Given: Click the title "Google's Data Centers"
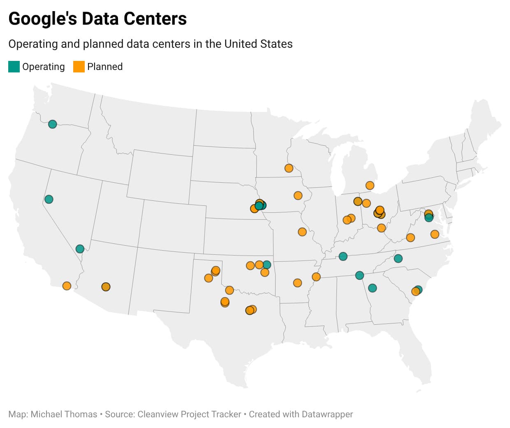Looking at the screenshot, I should click(x=97, y=19).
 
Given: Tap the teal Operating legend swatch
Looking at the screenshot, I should click(x=14, y=67).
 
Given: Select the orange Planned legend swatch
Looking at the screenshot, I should click(x=79, y=67).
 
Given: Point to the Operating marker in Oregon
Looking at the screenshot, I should click(x=52, y=124).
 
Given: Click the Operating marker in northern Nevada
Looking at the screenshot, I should click(x=49, y=199).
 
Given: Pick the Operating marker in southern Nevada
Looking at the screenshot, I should click(x=80, y=249).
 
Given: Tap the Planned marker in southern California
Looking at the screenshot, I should click(x=67, y=286).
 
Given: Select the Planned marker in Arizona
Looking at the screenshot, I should click(x=106, y=286).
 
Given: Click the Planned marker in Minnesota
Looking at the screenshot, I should click(x=289, y=168).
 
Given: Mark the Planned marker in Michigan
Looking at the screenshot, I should click(x=370, y=185).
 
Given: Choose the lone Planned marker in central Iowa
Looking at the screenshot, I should click(x=298, y=195).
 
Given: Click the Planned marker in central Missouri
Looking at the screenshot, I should click(x=302, y=232).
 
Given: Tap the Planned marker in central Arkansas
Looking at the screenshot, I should click(x=297, y=283).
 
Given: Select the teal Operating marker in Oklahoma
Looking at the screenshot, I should click(x=267, y=264).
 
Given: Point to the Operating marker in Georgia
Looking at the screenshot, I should click(x=372, y=288).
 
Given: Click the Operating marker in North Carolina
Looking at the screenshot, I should click(x=398, y=258).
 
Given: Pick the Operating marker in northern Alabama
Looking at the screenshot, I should click(x=359, y=275).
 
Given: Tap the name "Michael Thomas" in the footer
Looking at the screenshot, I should click(x=64, y=414).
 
